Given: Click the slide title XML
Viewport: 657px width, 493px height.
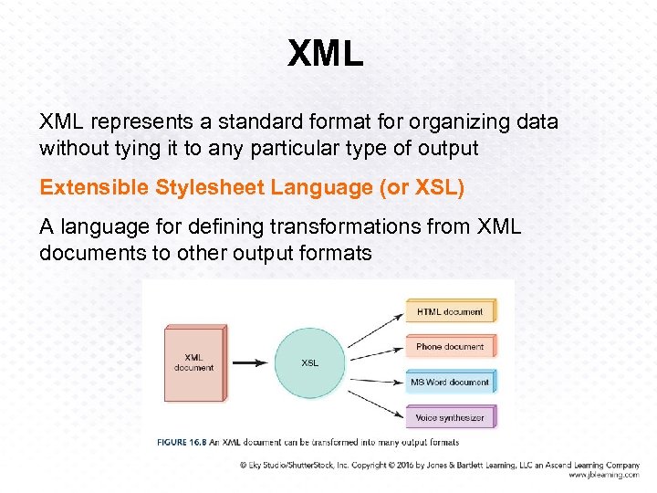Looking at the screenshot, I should point(326,54).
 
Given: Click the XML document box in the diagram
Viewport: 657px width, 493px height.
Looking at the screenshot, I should point(193,362).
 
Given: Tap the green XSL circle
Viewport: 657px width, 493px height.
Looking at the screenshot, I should point(310,362).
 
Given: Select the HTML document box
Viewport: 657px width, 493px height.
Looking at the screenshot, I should point(450,311).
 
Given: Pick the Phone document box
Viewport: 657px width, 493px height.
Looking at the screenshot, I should point(450,347).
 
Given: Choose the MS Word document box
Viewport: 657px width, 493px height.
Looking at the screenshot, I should point(450,382).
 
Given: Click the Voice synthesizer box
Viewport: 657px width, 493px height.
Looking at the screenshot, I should point(450,417).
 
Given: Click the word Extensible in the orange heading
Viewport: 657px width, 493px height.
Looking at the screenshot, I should point(94,188).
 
